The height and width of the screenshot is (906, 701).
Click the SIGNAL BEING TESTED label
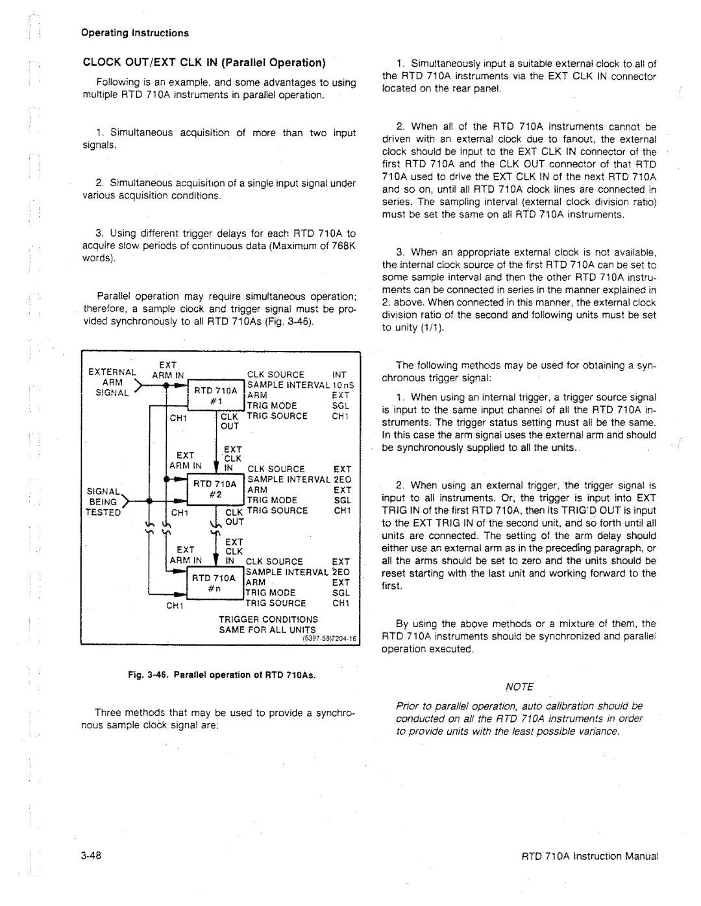click(x=104, y=501)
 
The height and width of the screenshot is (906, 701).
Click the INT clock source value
click(x=340, y=374)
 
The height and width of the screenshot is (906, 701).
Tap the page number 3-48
click(x=90, y=855)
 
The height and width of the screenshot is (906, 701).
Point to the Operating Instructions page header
click(x=135, y=32)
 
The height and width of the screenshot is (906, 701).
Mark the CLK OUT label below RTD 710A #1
click(x=230, y=421)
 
